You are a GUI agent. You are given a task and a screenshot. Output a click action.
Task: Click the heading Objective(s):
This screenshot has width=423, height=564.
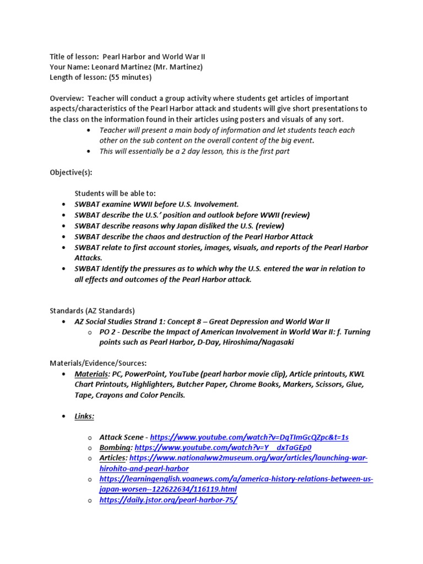tap(71, 172)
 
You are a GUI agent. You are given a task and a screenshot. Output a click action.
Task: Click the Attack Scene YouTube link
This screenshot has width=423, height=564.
tap(249, 437)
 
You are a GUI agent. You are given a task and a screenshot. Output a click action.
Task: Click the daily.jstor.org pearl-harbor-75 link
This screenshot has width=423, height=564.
tap(169, 500)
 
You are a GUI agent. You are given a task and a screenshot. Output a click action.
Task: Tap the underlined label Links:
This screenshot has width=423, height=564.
tap(85, 416)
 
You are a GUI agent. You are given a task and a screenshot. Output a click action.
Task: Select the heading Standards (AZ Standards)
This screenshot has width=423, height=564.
tap(92, 311)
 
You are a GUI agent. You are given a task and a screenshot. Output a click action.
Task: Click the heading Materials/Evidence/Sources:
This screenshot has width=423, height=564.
tap(99, 363)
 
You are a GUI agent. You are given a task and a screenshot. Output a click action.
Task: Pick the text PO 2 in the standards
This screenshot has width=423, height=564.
tap(109, 332)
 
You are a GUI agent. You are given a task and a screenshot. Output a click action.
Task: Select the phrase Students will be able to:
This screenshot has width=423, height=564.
tap(115, 193)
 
